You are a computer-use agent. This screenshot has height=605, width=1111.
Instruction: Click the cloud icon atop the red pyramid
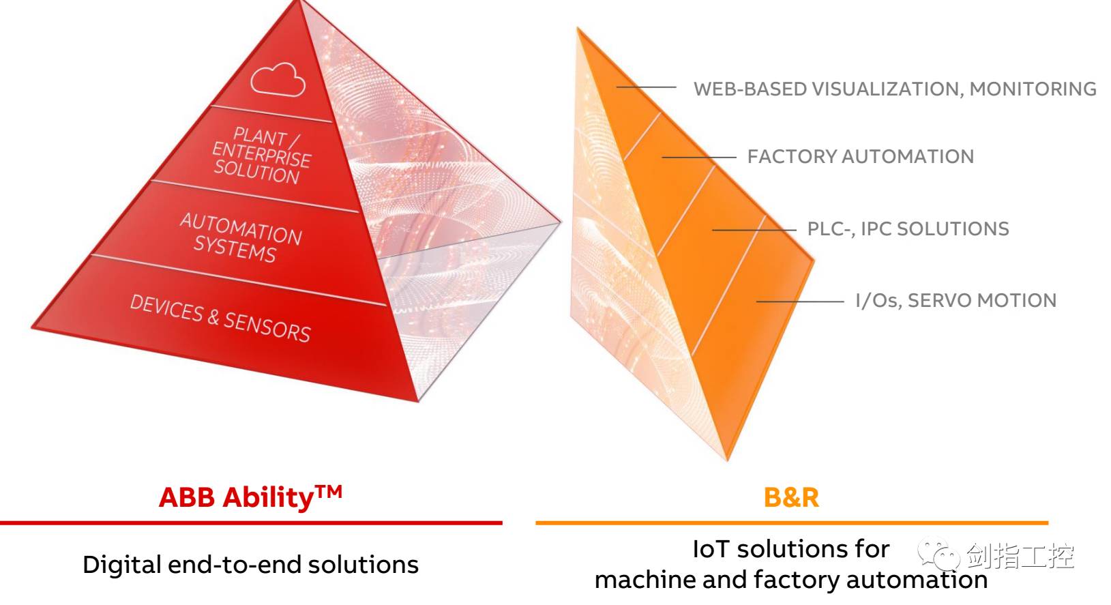(278, 79)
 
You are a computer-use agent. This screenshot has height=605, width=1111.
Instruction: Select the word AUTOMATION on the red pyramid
(241, 228)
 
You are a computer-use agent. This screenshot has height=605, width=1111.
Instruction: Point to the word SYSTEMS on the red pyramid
(235, 248)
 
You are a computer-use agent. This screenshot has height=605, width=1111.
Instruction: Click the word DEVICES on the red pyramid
(166, 308)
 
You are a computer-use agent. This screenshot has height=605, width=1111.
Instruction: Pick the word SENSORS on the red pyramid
(267, 327)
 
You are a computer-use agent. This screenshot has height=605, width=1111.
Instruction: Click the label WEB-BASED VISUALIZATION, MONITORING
(894, 89)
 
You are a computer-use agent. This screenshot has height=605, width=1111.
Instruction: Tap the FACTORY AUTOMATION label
(860, 157)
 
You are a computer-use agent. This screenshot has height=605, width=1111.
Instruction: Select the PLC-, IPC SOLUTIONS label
(908, 229)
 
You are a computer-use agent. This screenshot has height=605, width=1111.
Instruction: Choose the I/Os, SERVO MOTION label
(956, 301)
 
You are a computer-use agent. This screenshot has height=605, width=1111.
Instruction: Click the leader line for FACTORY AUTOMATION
(698, 158)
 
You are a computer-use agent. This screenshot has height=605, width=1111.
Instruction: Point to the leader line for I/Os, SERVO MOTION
(799, 301)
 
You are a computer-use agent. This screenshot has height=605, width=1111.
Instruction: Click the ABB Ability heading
(236, 498)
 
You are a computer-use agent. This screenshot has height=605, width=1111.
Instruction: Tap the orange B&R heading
(791, 498)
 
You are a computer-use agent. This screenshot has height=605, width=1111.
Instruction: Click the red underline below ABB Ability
(251, 523)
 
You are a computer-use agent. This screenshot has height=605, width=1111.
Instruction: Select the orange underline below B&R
(791, 523)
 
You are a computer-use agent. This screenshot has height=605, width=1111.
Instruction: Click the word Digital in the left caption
(121, 565)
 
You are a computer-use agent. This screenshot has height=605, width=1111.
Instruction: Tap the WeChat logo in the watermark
(938, 557)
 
